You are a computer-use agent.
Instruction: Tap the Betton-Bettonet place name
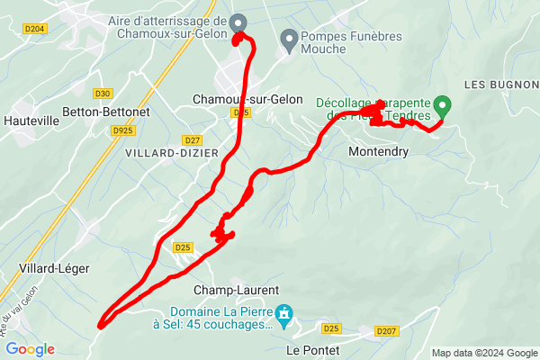105,112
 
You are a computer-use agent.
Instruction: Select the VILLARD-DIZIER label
159,153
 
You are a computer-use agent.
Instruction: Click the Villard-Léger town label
50,268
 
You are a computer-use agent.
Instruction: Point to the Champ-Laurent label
237,291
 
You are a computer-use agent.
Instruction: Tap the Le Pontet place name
313,349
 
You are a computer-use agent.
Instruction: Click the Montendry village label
378,153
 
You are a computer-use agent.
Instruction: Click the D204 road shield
35,29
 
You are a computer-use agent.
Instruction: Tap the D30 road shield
102,93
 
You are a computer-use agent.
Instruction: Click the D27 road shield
191,140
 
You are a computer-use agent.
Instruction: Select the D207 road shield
385,332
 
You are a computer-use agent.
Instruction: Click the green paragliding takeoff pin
442,103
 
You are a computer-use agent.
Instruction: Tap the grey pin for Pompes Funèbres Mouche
289,38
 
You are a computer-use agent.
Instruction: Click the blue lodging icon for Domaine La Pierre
285,313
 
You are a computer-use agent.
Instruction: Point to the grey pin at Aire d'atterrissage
238,22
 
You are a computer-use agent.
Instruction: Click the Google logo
31,349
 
